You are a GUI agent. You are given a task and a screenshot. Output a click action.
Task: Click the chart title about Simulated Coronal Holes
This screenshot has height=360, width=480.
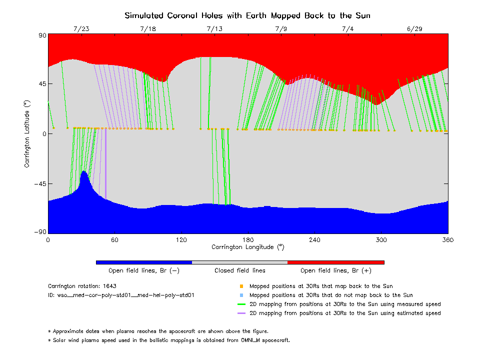[x=247, y=15]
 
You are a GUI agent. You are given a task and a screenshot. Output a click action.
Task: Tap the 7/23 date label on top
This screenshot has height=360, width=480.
[x=81, y=29]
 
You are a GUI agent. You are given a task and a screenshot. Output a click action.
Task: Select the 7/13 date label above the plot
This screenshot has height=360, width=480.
[x=214, y=29]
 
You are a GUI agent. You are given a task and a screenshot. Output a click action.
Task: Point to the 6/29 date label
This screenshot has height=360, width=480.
[x=414, y=29]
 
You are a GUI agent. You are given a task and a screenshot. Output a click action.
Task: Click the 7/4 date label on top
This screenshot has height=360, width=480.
[x=347, y=29]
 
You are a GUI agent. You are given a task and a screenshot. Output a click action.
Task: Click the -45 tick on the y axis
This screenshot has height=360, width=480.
[x=39, y=183]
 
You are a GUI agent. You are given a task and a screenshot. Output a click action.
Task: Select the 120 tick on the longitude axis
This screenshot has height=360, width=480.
[x=181, y=239]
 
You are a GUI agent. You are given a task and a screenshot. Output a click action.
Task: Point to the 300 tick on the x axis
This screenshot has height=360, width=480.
[x=381, y=239]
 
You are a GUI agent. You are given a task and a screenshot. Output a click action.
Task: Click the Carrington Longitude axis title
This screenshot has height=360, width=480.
[x=247, y=246]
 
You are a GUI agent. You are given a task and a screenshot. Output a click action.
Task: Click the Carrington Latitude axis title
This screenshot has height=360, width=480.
[x=27, y=133]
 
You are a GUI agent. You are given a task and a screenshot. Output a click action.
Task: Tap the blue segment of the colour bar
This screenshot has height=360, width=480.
[x=143, y=262]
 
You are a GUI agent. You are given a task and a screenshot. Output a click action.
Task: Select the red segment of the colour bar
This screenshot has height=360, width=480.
[x=335, y=262]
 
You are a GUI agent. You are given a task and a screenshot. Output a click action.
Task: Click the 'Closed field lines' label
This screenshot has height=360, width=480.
[x=240, y=270]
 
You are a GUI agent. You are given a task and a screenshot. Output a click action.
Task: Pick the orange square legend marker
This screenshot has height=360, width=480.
[x=241, y=286]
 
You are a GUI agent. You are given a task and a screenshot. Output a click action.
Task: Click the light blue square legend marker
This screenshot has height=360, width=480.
[x=241, y=295]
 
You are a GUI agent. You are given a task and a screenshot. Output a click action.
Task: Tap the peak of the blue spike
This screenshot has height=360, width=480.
[x=84, y=171]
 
